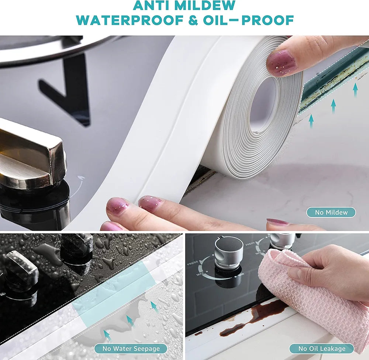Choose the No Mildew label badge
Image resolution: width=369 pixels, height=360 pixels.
(x=331, y=212)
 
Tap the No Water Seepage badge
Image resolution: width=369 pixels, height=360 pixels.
(x=131, y=349)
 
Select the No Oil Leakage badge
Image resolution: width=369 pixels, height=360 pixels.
(x=321, y=349)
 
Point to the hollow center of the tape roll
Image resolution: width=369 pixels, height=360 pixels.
(x=263, y=105)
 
